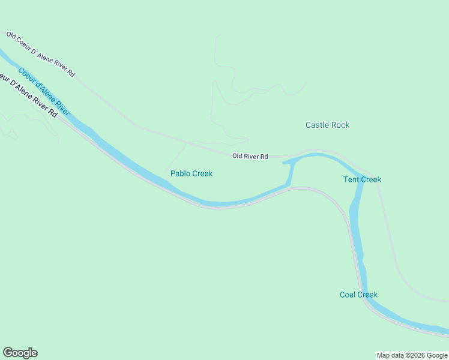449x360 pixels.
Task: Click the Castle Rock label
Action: tap(327, 125)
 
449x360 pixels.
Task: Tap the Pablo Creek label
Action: tap(191, 173)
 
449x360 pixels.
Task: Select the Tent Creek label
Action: tap(362, 179)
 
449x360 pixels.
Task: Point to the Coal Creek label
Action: tap(358, 295)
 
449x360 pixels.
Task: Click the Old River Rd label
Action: tap(250, 157)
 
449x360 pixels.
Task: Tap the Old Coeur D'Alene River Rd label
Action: tap(40, 54)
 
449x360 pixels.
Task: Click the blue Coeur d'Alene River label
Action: tap(44, 92)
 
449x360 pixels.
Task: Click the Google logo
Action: tap(20, 353)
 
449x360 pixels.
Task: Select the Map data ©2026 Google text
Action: tap(412, 355)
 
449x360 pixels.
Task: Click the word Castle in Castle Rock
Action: tap(317, 125)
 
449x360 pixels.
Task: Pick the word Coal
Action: tap(348, 295)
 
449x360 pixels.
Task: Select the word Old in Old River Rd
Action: tap(238, 157)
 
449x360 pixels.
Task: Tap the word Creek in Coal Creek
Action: tap(367, 295)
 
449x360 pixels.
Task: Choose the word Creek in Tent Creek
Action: tap(370, 179)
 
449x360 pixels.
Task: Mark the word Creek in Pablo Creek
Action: tap(202, 173)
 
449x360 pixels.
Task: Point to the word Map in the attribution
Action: tap(384, 355)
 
